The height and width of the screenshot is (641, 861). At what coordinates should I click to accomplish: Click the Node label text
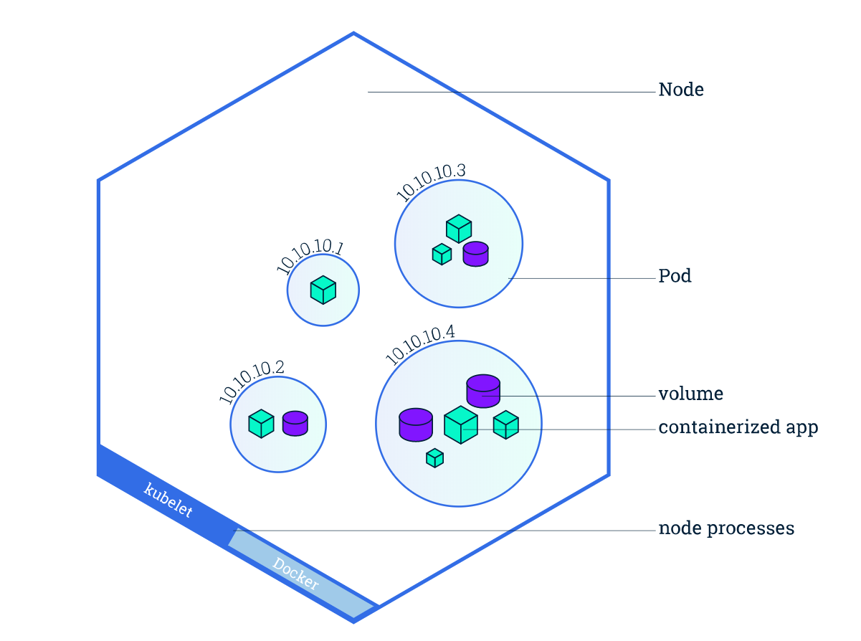pos(681,90)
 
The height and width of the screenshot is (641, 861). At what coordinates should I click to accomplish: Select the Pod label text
pos(675,276)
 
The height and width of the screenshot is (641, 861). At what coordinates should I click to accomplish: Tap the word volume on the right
pos(690,394)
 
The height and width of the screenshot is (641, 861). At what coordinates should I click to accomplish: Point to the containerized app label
pos(738,428)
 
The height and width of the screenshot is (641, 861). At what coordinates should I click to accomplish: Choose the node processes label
pos(726,529)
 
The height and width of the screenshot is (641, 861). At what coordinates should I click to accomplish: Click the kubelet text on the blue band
pos(168,500)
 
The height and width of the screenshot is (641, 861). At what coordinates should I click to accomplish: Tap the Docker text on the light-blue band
pos(296,573)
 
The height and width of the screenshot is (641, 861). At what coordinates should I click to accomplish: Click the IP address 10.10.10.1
pos(310,259)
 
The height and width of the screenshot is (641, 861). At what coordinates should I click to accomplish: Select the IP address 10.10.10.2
pos(252,381)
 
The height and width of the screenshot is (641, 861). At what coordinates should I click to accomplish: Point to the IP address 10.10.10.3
pos(432,182)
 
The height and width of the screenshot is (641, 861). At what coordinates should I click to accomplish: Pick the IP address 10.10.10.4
pos(420,344)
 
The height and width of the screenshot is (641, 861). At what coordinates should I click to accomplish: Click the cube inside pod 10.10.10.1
pos(323,290)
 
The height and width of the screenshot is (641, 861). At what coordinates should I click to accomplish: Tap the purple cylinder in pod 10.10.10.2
pos(295,423)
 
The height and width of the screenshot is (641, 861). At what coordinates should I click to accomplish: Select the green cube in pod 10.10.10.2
pos(261,423)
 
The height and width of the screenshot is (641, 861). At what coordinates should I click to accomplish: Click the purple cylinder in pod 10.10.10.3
pos(475,254)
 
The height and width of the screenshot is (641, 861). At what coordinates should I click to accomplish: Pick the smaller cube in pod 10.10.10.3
pos(442,254)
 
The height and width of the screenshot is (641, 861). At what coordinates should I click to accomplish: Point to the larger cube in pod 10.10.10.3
pos(459,229)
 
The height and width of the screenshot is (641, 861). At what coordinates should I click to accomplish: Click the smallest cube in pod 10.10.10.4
pos(434,457)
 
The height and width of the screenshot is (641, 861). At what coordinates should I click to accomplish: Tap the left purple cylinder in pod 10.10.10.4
pos(416,424)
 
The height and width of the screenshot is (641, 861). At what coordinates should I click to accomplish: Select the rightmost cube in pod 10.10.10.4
pos(505,424)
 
